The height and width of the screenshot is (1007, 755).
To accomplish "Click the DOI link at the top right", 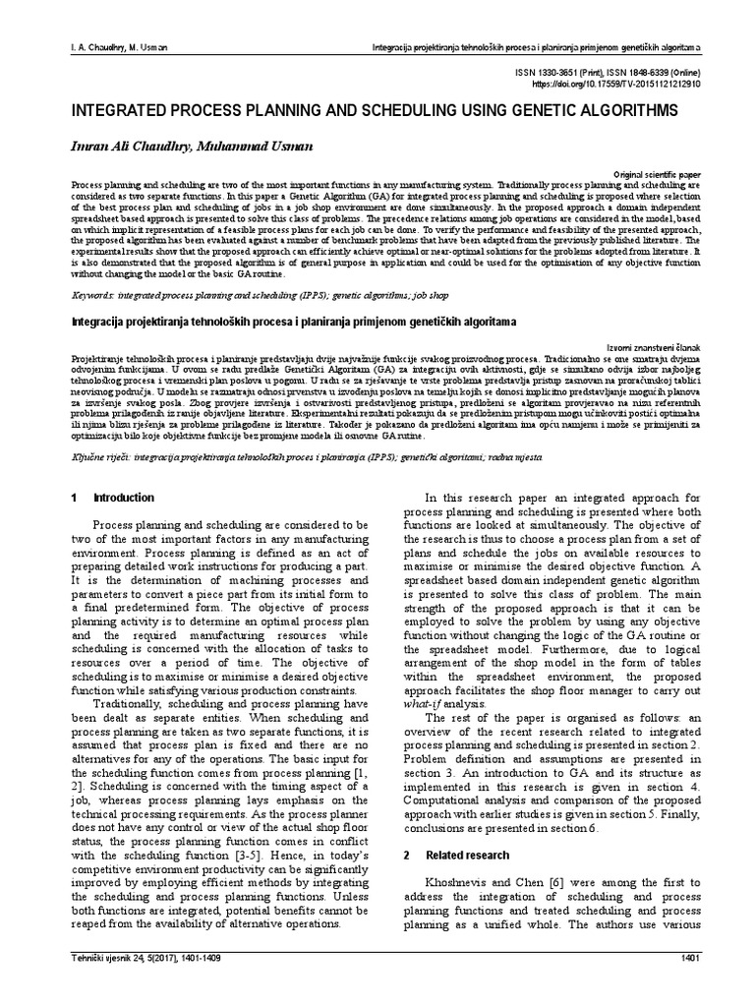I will tap(619, 86).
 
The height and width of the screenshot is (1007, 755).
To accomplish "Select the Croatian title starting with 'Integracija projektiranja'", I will tap(292, 322).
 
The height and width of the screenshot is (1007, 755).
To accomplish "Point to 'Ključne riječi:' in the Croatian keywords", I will tap(101, 457).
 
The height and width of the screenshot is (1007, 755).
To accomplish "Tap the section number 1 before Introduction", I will tap(75, 498).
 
